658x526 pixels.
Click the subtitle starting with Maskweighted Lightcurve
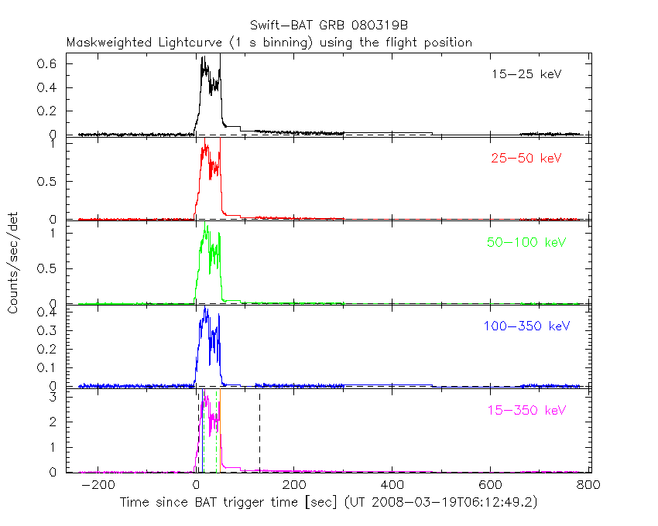click(x=269, y=43)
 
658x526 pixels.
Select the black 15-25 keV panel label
click(x=526, y=75)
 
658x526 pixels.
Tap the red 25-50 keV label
click(x=526, y=159)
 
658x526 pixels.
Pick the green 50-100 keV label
click(x=526, y=242)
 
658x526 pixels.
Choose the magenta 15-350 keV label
click(x=526, y=409)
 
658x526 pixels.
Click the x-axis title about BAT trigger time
click(x=328, y=503)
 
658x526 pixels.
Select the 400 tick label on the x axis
click(x=392, y=484)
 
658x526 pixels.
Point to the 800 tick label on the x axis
click(x=589, y=484)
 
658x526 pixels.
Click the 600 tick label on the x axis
click(x=491, y=484)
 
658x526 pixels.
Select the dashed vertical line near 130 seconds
click(x=259, y=433)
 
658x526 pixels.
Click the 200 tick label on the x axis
click(x=294, y=484)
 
